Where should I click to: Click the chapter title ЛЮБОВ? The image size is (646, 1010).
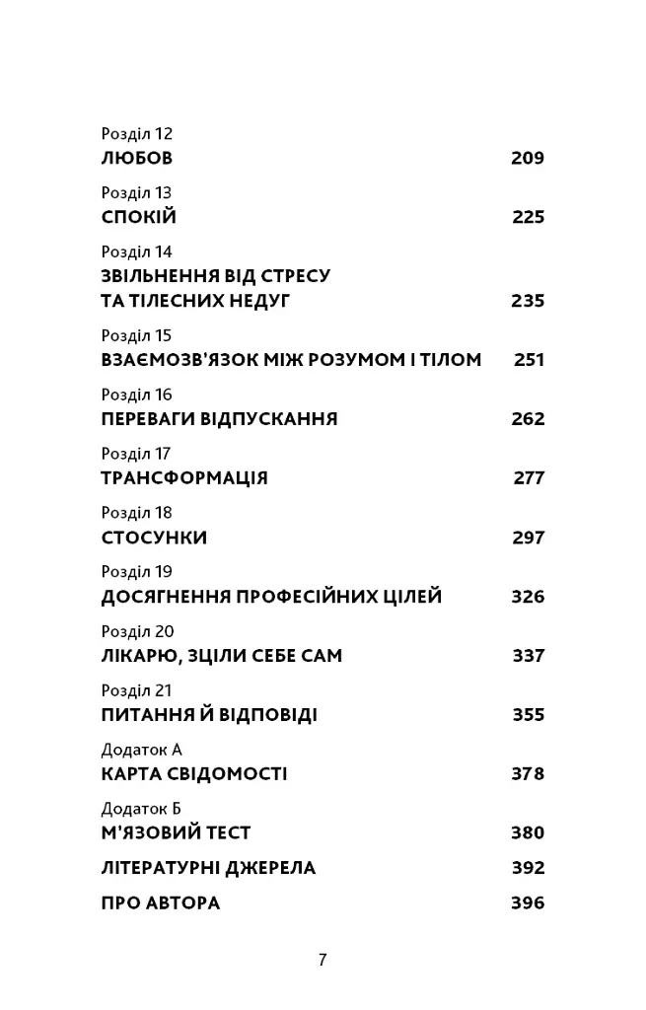point(137,158)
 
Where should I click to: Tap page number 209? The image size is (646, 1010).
point(528,158)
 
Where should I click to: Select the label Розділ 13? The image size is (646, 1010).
point(136,193)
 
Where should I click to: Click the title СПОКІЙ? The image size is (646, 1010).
point(139,217)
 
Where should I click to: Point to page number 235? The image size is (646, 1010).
point(528,301)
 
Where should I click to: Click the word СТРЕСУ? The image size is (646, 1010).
point(293,276)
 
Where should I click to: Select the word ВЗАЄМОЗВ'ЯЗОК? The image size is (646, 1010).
point(179,360)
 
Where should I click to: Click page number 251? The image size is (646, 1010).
point(529,360)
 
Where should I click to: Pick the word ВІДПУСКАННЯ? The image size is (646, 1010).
point(269,419)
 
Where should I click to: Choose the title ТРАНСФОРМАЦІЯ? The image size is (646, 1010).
point(184,478)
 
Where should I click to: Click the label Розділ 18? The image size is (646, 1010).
point(136,513)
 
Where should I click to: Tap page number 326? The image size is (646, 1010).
point(528,597)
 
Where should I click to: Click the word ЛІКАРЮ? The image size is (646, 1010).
point(143,656)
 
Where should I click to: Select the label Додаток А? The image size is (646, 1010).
point(142,750)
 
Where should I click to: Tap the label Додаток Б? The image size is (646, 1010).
point(141,809)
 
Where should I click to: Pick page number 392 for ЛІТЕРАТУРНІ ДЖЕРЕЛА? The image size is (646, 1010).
point(528,868)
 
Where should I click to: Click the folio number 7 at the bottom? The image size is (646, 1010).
point(323,959)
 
